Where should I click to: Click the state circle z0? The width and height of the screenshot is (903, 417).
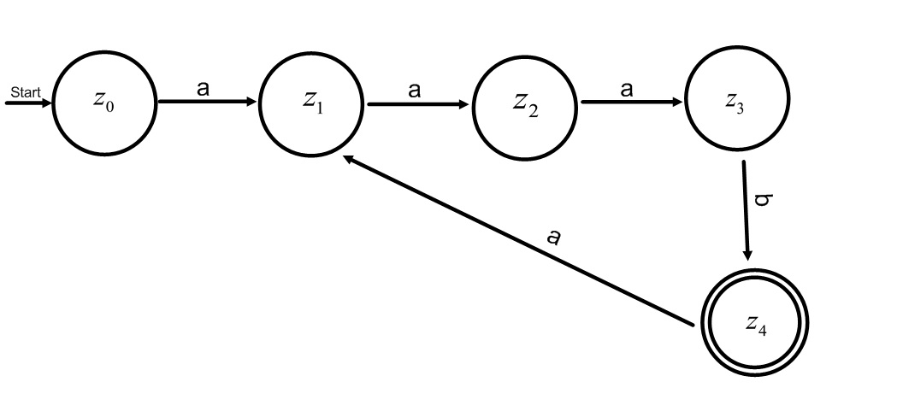(x=104, y=102)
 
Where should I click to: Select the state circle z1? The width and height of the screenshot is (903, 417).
(x=310, y=102)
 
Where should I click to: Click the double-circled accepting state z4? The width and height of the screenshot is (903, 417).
(x=753, y=324)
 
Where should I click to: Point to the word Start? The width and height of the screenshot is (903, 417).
(x=25, y=91)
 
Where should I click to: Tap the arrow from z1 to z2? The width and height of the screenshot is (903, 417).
(x=417, y=104)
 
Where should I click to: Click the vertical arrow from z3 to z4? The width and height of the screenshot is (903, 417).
(x=746, y=209)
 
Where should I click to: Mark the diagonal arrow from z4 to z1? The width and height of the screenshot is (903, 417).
(x=517, y=240)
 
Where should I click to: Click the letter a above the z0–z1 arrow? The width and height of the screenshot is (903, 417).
(x=203, y=88)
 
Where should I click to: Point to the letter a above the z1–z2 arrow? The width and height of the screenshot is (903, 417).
(x=415, y=89)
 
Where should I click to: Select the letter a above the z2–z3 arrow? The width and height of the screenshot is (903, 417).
(x=627, y=88)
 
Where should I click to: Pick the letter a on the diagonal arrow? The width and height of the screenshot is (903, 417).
(x=555, y=236)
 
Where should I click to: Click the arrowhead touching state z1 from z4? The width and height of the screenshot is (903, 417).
(x=348, y=160)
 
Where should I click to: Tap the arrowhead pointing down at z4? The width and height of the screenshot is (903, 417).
(x=747, y=255)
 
